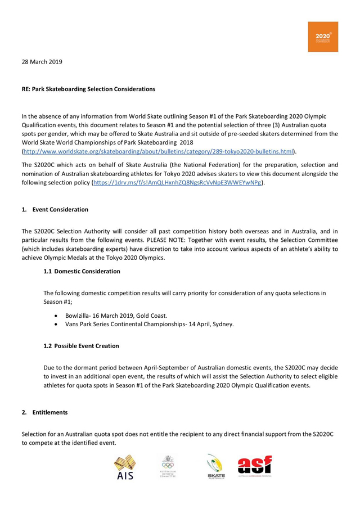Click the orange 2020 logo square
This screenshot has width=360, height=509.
tap(322, 37)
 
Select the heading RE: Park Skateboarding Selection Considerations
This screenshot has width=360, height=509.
tap(88, 89)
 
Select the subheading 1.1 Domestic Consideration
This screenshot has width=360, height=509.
tap(82, 271)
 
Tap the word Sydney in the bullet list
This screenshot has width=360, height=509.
tap(223, 325)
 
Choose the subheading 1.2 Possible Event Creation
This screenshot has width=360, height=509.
tap(81, 345)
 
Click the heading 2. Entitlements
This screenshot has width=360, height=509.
tap(44, 412)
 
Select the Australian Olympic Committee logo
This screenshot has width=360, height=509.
tap(168, 466)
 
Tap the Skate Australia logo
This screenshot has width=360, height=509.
tap(215, 467)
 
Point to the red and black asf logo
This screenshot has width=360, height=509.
tap(255, 466)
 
